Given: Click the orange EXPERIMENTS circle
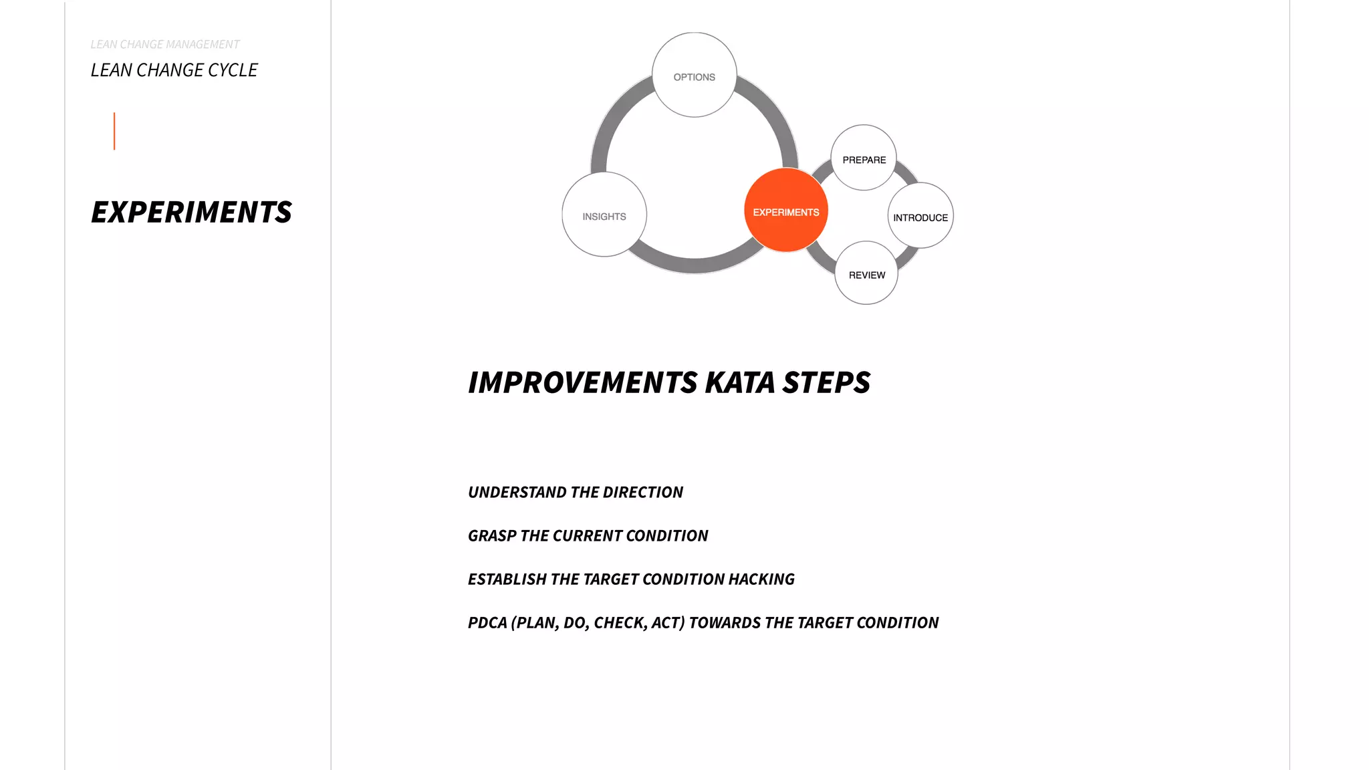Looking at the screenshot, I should point(786,211).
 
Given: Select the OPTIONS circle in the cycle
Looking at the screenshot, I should point(695,76).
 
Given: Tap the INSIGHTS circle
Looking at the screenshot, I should point(604,215).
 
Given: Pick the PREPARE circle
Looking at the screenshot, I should point(864,158).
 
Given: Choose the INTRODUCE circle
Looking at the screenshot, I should point(920,216).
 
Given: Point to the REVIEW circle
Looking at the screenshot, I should point(866,273).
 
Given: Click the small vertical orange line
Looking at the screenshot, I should point(114,131).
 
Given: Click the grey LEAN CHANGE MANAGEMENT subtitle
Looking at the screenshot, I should point(164,44).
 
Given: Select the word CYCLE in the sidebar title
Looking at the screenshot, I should point(233,70).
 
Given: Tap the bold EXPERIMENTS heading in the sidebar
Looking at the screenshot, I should point(191,213).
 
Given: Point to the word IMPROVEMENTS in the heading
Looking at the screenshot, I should point(583,383).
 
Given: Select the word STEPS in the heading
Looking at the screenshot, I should point(826,383).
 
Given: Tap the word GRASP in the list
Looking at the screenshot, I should point(492,536).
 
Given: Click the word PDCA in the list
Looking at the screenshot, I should point(487,623).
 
